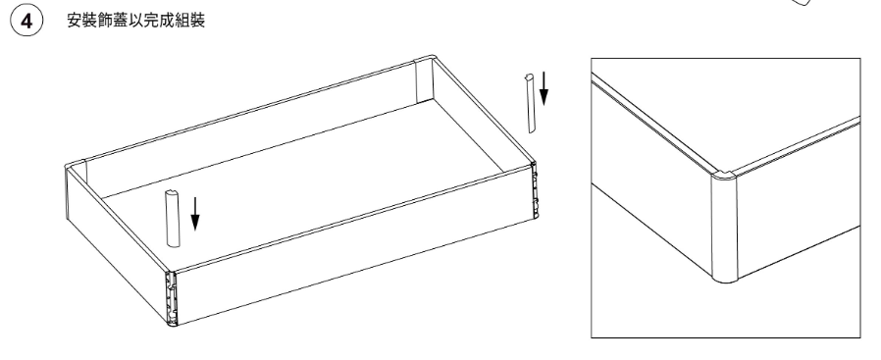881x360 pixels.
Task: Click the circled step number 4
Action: tap(26, 22)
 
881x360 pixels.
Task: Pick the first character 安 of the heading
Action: tap(75, 22)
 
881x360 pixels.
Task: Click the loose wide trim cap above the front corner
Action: tap(173, 219)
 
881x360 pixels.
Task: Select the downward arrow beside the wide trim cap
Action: tap(195, 214)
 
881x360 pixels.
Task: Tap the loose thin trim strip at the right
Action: tap(530, 103)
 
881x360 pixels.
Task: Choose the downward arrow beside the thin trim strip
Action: tap(544, 88)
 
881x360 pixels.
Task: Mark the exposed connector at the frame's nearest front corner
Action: tap(171, 298)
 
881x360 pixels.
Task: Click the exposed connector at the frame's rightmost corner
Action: tap(535, 189)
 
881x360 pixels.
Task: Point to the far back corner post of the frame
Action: tap(424, 79)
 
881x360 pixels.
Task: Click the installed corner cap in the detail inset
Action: tap(724, 228)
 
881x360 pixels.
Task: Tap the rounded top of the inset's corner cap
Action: tap(724, 176)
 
